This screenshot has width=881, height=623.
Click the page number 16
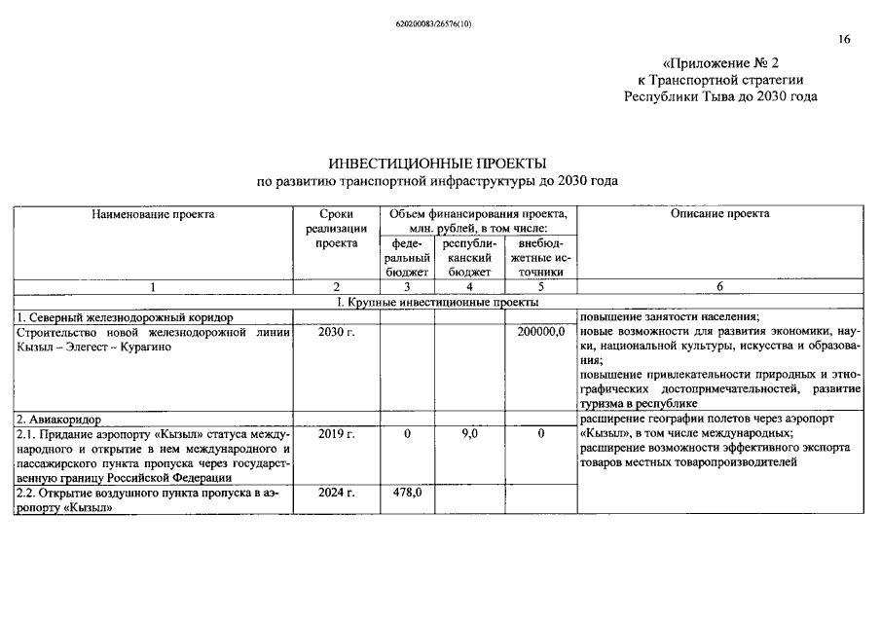[x=843, y=39]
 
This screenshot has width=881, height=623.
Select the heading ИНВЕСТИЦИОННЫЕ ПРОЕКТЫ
[x=437, y=163]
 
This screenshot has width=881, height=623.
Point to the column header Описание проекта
[x=719, y=213]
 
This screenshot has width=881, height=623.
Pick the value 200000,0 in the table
[x=540, y=332]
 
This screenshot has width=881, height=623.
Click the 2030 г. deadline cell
[x=337, y=332]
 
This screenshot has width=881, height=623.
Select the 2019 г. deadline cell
[x=337, y=434]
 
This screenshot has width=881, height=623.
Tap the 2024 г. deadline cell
[x=337, y=494]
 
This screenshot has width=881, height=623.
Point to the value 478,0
[x=406, y=494]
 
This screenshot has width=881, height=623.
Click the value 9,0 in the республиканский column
[x=469, y=434]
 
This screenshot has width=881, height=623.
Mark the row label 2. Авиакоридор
[x=58, y=420]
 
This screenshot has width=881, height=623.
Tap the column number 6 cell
[x=719, y=287]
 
